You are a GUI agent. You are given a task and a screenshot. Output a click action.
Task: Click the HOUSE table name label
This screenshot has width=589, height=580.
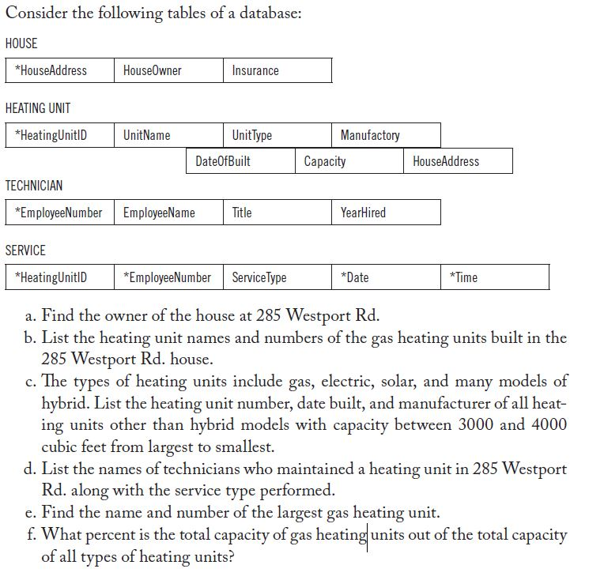[21, 43]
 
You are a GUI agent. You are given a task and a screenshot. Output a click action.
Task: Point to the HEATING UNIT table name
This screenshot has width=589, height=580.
[38, 108]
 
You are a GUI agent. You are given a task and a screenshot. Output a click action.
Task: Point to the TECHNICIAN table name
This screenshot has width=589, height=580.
[34, 186]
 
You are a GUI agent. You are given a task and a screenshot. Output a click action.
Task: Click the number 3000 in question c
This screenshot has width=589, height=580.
[477, 424]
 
